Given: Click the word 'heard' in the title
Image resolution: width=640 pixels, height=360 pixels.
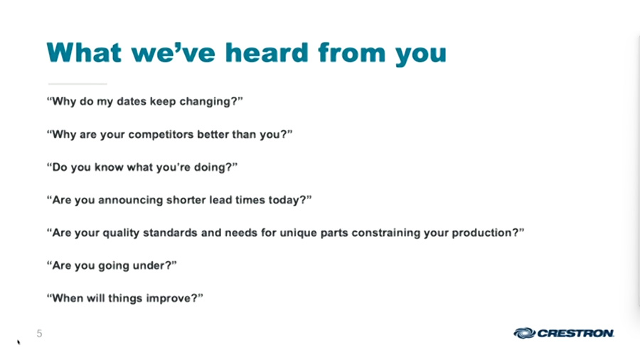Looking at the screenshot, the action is click(x=267, y=53).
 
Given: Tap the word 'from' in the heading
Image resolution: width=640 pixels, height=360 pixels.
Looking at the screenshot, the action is click(x=351, y=53).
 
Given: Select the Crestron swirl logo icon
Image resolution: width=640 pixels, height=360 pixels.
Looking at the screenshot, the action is click(x=524, y=333).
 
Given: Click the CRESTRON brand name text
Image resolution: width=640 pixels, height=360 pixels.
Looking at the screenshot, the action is click(x=575, y=334).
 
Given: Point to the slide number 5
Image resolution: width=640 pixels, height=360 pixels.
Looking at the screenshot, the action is click(x=39, y=334).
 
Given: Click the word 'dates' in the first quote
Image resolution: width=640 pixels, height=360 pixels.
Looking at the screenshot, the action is click(x=132, y=101).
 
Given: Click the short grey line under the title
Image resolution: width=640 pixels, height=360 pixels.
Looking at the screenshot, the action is click(x=78, y=84).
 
